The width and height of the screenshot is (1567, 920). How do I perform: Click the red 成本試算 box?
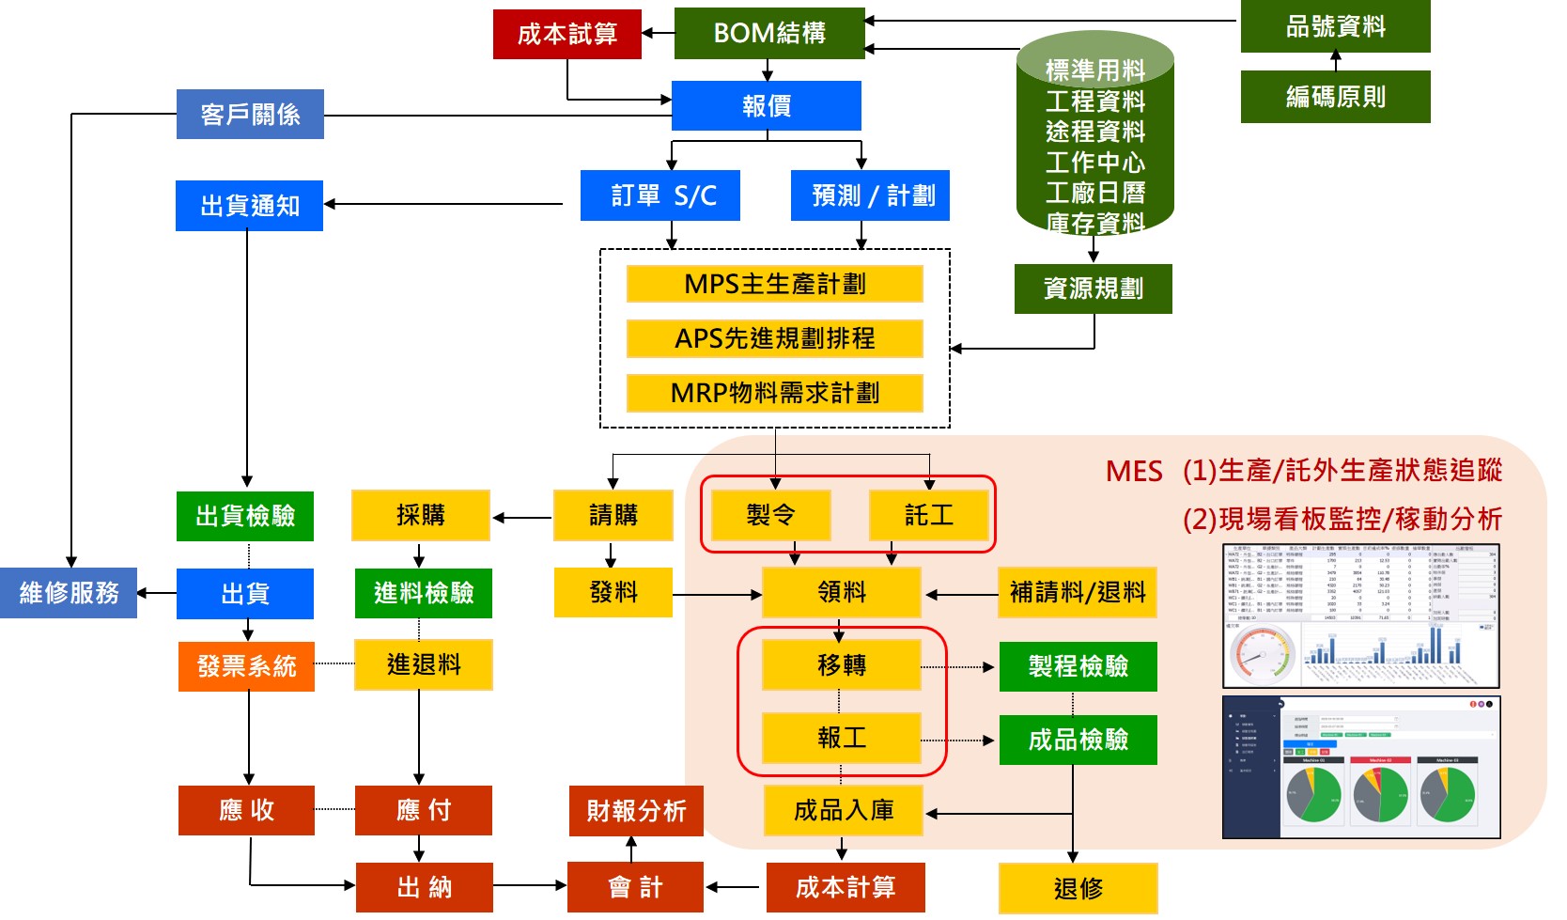pos(566,35)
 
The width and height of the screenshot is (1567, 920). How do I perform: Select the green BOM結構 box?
pos(768,34)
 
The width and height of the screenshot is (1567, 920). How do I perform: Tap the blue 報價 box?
pos(766,106)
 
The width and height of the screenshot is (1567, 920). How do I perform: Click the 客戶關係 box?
pos(250,115)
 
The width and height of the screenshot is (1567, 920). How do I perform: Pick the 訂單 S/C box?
pos(659,195)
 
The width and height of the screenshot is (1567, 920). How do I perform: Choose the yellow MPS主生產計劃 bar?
pos(774,284)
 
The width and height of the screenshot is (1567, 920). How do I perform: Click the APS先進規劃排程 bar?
pos(774,338)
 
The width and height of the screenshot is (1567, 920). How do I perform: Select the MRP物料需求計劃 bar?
pos(774,393)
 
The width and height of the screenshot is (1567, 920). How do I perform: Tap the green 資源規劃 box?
pos(1093,288)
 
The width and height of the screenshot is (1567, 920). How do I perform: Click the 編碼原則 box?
pos(1335,97)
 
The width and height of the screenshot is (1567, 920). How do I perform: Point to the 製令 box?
pos(770,515)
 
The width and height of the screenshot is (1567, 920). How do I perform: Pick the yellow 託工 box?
pos(929,515)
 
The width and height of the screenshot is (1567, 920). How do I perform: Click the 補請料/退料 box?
pos(1077,592)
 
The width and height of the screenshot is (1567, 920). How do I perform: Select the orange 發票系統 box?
pos(246,666)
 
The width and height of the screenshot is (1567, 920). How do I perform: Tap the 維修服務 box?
pos(69,593)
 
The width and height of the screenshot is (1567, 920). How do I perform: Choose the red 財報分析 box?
pos(636,811)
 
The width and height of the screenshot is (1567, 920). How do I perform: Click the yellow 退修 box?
pos(1078,888)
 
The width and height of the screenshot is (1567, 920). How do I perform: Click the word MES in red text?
pos(1134,471)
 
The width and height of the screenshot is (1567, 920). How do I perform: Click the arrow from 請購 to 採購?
pos(522,517)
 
